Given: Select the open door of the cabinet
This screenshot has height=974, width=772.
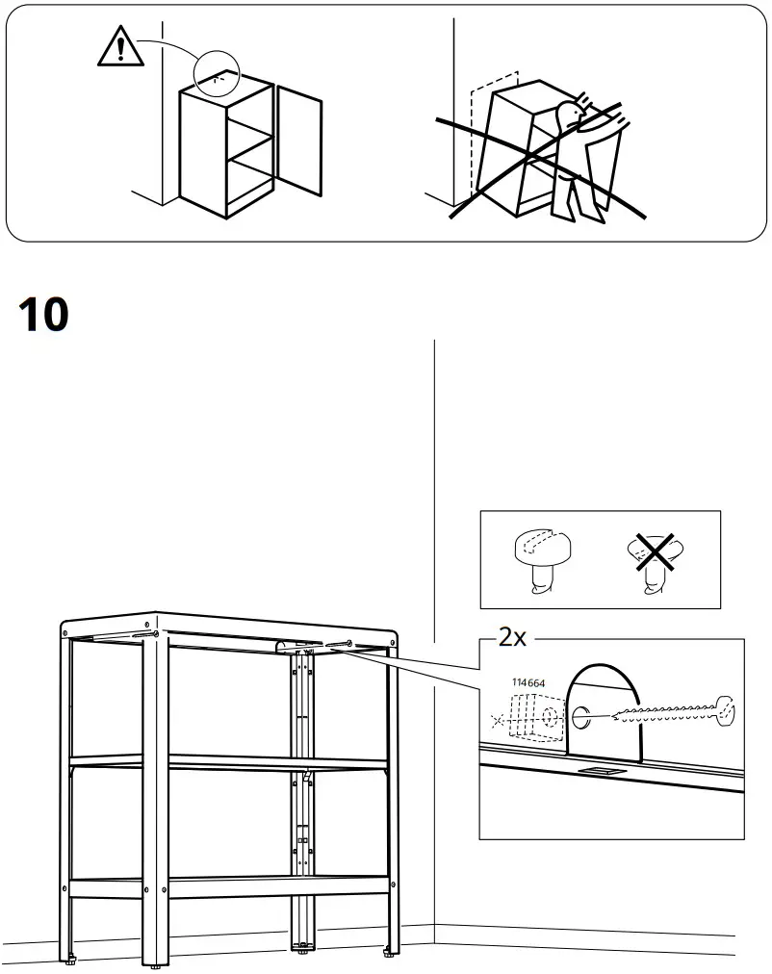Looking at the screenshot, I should point(299,141).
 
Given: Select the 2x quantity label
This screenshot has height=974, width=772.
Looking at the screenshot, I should point(513,637).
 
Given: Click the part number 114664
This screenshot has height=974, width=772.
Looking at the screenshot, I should point(528,683).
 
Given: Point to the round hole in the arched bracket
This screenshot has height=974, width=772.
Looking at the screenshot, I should point(582,716).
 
